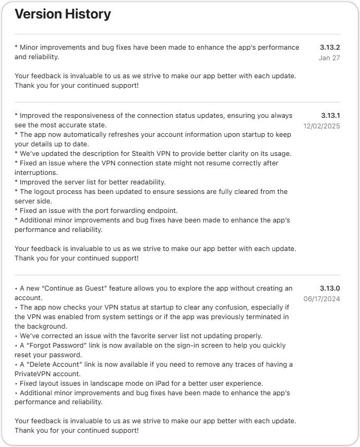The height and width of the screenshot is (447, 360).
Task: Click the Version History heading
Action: tap(63, 14)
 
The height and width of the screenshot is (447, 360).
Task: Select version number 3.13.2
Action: tap(330, 47)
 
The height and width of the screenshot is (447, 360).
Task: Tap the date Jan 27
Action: tap(329, 58)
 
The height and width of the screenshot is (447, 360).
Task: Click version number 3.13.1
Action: tap(330, 115)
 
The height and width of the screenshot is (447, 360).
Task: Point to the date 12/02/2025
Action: tap(321, 126)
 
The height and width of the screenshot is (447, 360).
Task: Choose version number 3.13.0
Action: tap(330, 288)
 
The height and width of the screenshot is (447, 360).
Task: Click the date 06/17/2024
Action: tap(321, 299)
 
